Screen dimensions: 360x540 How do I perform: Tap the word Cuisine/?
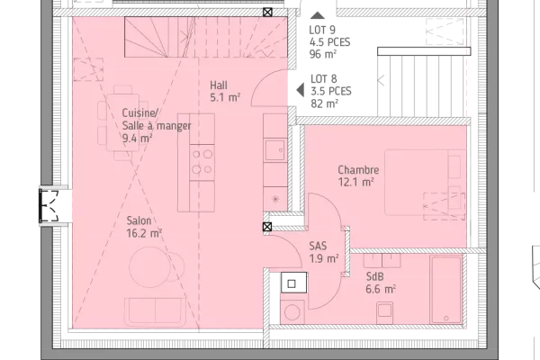[139, 112]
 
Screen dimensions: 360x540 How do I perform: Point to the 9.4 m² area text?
[137, 139]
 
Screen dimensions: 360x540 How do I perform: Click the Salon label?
[139, 220]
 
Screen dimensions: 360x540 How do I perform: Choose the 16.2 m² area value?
[144, 233]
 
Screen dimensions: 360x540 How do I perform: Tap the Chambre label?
[358, 170]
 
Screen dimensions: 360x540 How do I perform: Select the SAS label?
[319, 246]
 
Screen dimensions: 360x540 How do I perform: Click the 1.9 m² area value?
[324, 258]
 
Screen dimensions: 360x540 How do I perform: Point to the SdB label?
[375, 277]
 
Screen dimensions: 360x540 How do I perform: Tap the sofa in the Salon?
[156, 310]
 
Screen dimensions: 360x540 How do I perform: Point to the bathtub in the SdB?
[445, 290]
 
